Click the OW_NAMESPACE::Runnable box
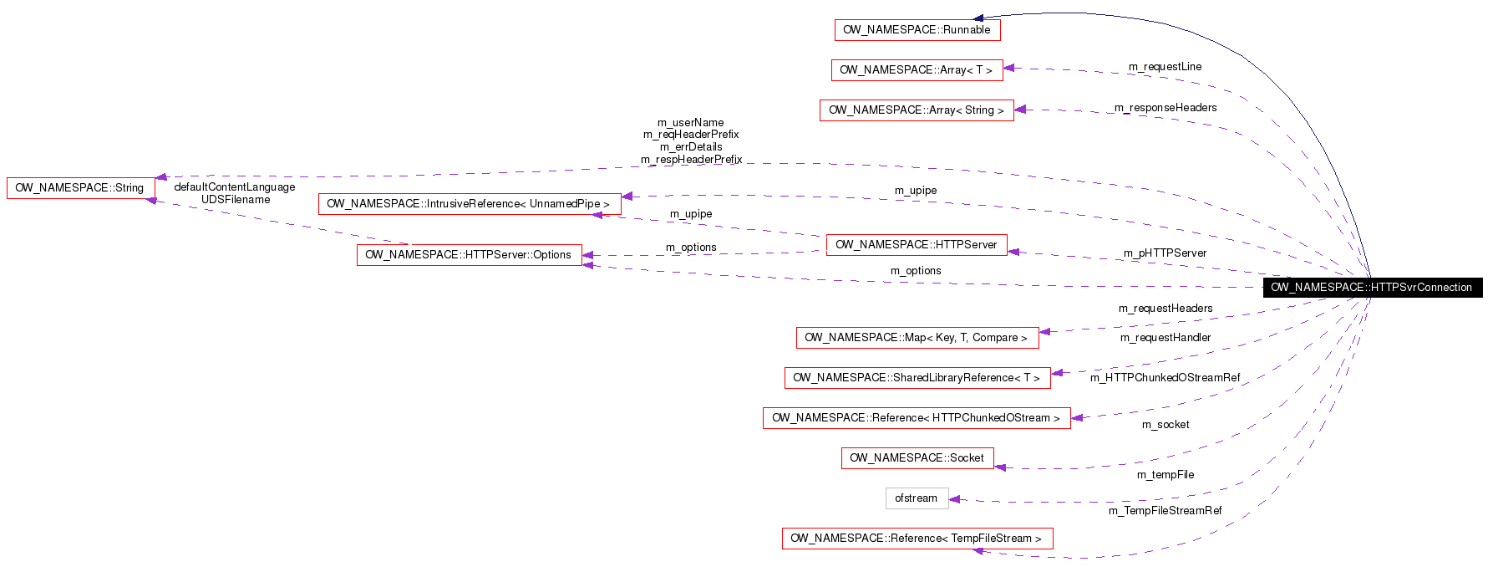[917, 30]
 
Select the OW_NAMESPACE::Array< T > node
[917, 70]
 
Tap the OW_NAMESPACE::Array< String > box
[916, 110]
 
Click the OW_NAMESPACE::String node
[80, 188]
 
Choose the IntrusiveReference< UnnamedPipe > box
[469, 204]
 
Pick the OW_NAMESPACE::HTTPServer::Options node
[469, 255]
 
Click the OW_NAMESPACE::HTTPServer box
[916, 245]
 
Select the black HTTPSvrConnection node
[1371, 288]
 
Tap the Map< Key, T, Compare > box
[917, 338]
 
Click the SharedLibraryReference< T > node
[917, 378]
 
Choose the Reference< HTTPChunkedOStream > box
[916, 418]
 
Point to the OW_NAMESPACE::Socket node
[917, 458]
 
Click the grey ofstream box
[917, 498]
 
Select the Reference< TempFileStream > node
[917, 539]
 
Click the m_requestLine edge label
[1165, 67]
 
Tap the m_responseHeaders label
[1165, 108]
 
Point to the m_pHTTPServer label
[1165, 253]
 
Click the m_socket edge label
[1165, 425]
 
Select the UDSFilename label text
[236, 200]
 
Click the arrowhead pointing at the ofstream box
[955, 499]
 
